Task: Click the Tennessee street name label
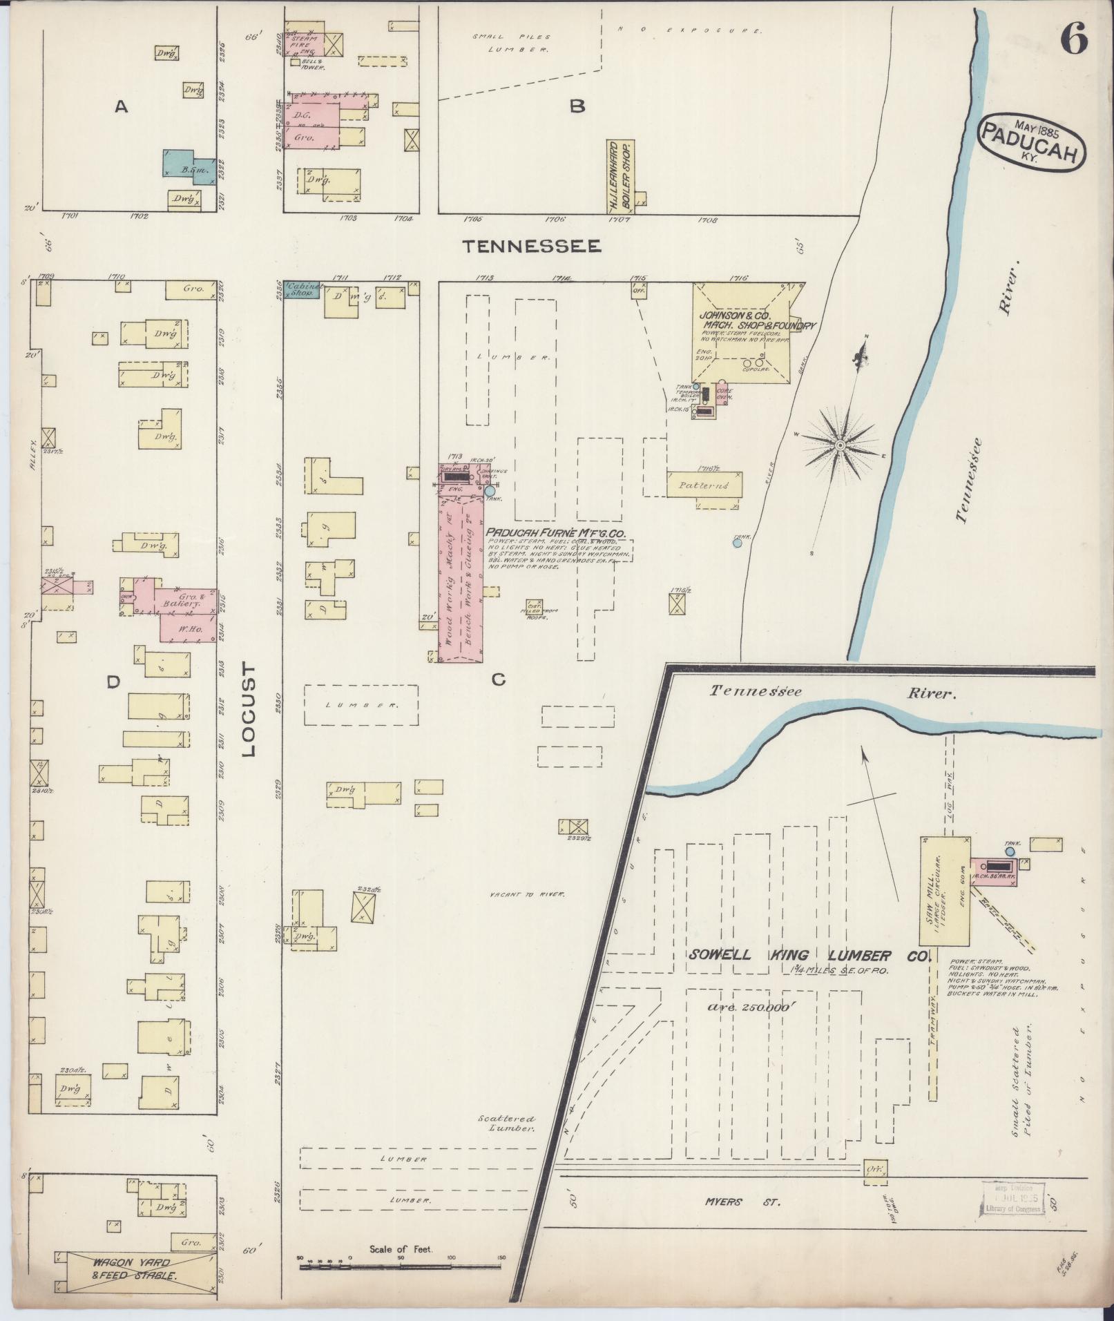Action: point(532,246)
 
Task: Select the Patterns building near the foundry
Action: point(704,485)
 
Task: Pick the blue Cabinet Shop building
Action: point(300,289)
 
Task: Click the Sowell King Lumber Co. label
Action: point(808,956)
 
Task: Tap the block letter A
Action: point(122,106)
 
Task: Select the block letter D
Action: point(113,682)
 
